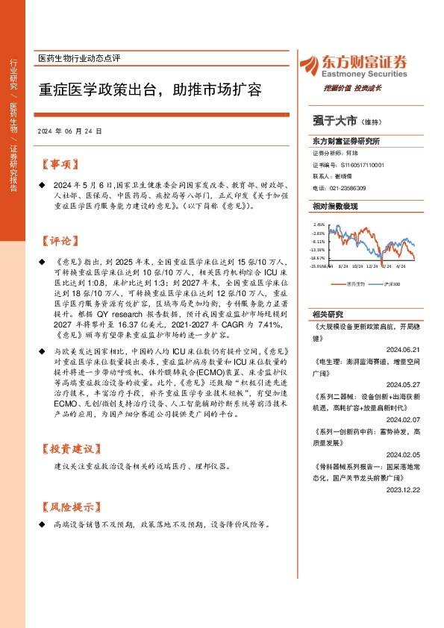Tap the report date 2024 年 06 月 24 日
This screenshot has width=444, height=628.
coord(69,131)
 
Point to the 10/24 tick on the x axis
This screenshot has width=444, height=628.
coord(358,265)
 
